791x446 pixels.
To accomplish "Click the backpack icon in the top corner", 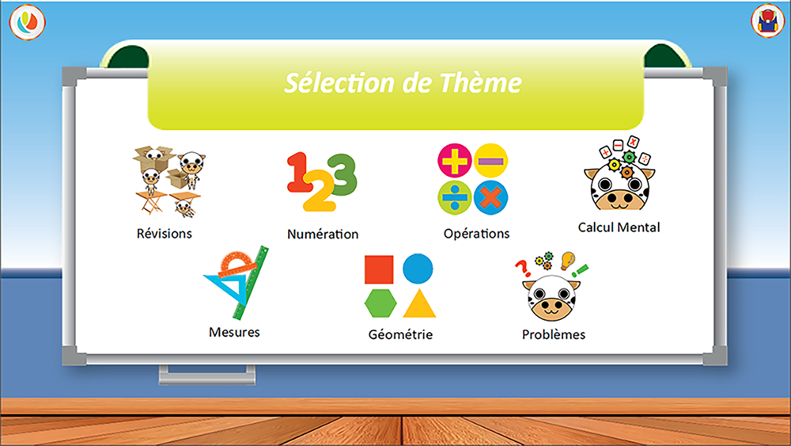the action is [x=767, y=21].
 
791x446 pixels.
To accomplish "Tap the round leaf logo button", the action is [x=27, y=22].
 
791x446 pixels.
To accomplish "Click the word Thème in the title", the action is [x=480, y=82].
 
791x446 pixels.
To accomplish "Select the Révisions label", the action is [x=164, y=234].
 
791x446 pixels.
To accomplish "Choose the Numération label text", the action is [x=323, y=234].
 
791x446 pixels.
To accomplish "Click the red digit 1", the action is [x=298, y=172].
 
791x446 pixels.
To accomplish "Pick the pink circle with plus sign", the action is [x=455, y=161].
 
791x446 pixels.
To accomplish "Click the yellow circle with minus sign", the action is [x=491, y=161].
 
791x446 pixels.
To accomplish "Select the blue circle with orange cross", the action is [x=491, y=197].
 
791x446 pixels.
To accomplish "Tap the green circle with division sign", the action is [x=455, y=197].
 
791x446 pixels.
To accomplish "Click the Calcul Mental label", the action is [x=619, y=227].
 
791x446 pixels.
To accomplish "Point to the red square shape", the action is [x=379, y=269].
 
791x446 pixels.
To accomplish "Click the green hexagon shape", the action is [x=380, y=303].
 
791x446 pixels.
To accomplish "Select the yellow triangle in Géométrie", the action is [x=419, y=303].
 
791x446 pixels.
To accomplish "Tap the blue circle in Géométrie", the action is [x=418, y=269].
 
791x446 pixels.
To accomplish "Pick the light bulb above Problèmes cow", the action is [x=567, y=260].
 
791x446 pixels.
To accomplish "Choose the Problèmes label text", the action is [x=554, y=334].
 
